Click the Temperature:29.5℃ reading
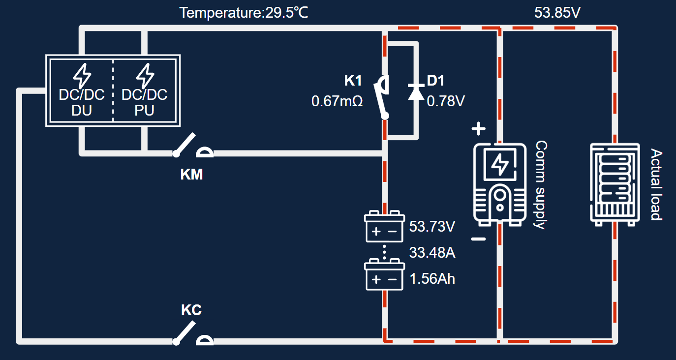[x=244, y=13]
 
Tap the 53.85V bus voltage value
[x=557, y=13]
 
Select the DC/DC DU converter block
[x=82, y=91]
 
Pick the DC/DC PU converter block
[x=144, y=91]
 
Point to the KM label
[x=191, y=174]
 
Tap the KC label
[x=191, y=310]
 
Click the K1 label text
[x=353, y=81]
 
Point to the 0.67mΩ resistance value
[x=337, y=102]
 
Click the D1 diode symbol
[x=416, y=92]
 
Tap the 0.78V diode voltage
[x=445, y=102]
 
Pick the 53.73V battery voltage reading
[x=432, y=227]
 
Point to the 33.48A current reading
[x=432, y=253]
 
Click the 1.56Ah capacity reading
[x=432, y=279]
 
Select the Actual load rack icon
[x=614, y=184]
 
